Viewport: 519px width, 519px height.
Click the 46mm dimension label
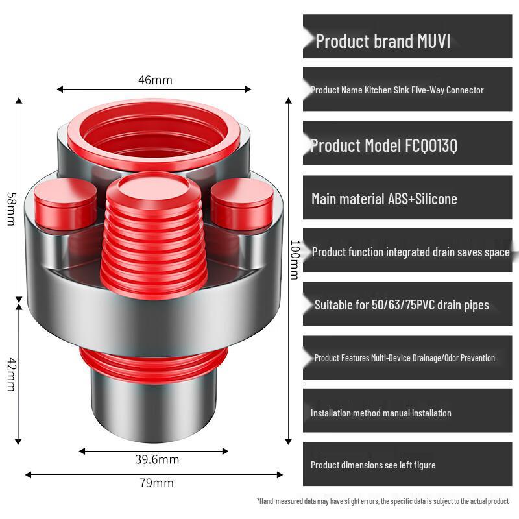tap(155, 80)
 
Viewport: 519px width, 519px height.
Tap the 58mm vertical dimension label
tap(11, 209)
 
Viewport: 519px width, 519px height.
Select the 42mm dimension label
tap(11, 374)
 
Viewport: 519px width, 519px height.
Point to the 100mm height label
tap(295, 260)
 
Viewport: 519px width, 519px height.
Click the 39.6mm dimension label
tap(157, 459)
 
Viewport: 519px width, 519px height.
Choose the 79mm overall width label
tap(156, 483)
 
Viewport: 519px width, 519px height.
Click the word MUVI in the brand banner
tap(433, 41)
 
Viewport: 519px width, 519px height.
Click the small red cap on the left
tap(66, 203)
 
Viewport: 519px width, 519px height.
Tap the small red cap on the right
tap(242, 203)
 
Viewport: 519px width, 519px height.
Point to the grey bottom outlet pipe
tap(154, 409)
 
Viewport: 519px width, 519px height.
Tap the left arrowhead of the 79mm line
tap(28, 475)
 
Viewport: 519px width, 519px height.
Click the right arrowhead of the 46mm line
tap(248, 89)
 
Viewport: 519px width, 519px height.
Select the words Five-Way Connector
tap(448, 90)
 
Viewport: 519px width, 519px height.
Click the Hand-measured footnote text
tap(383, 501)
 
